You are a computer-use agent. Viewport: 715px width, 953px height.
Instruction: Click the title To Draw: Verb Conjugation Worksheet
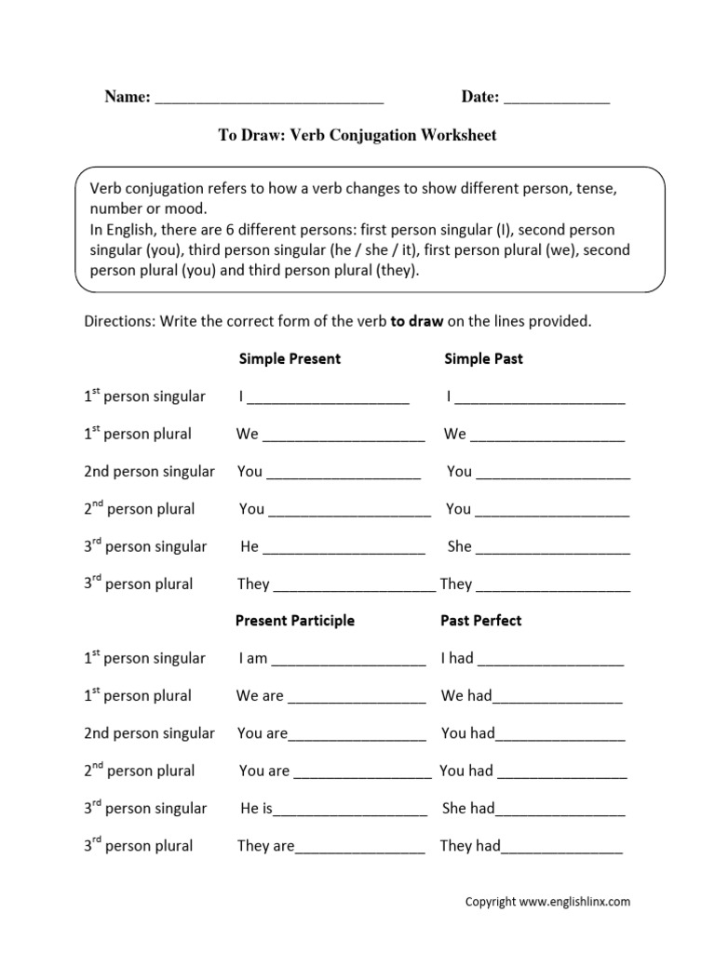click(x=357, y=136)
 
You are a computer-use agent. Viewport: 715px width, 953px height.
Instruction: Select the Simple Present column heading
click(x=290, y=358)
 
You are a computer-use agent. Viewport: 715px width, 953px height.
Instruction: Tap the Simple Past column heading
click(x=483, y=358)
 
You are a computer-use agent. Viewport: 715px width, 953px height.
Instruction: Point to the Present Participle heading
click(x=294, y=620)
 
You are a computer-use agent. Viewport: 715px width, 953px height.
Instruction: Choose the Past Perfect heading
click(x=481, y=620)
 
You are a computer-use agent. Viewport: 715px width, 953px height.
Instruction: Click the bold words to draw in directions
click(x=417, y=322)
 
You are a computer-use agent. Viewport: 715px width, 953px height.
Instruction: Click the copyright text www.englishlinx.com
click(x=574, y=902)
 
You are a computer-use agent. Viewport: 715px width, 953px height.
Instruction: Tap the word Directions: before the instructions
click(x=119, y=322)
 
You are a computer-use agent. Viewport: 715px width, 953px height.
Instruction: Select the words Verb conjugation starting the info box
click(x=143, y=188)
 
